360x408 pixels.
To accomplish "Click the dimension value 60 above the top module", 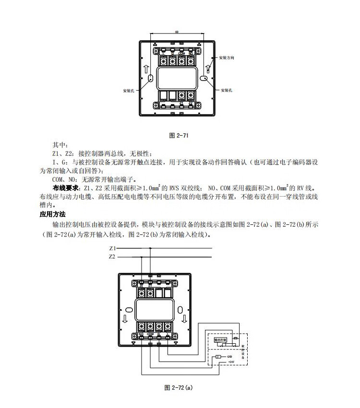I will pos(177,32).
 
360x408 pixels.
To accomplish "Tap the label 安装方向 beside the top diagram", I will pos(227,58).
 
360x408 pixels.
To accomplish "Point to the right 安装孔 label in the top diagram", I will pos(227,90).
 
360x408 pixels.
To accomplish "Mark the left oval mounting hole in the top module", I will pos(150,79).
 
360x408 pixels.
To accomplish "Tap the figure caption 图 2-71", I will pos(179,136).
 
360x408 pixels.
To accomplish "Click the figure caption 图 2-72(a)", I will pos(178,386).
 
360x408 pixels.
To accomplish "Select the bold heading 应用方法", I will pos(52,214).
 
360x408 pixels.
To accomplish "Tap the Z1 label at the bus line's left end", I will pos(112,248).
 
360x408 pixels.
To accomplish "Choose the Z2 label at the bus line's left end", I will pos(112,257).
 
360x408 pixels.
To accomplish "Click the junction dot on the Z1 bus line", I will pos(150,248).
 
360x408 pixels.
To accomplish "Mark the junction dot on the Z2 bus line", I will pos(142,257).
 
